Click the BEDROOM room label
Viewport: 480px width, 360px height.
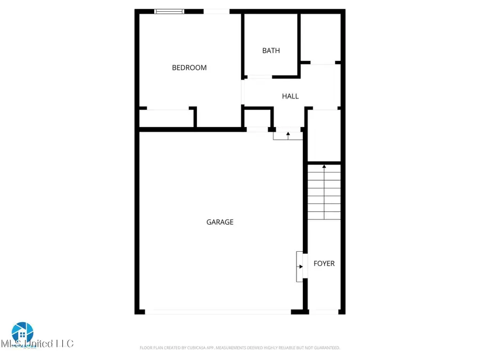[189, 68]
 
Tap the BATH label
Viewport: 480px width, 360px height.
[271, 51]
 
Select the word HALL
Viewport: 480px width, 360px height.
[290, 97]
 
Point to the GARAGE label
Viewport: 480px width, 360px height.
[220, 222]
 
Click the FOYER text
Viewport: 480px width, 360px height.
[324, 263]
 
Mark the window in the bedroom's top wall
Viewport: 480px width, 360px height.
[170, 11]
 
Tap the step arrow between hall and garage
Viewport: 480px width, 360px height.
[288, 135]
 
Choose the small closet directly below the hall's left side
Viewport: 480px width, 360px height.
[258, 117]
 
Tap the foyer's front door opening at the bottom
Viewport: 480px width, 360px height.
[324, 311]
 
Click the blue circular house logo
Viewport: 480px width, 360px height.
[22, 333]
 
